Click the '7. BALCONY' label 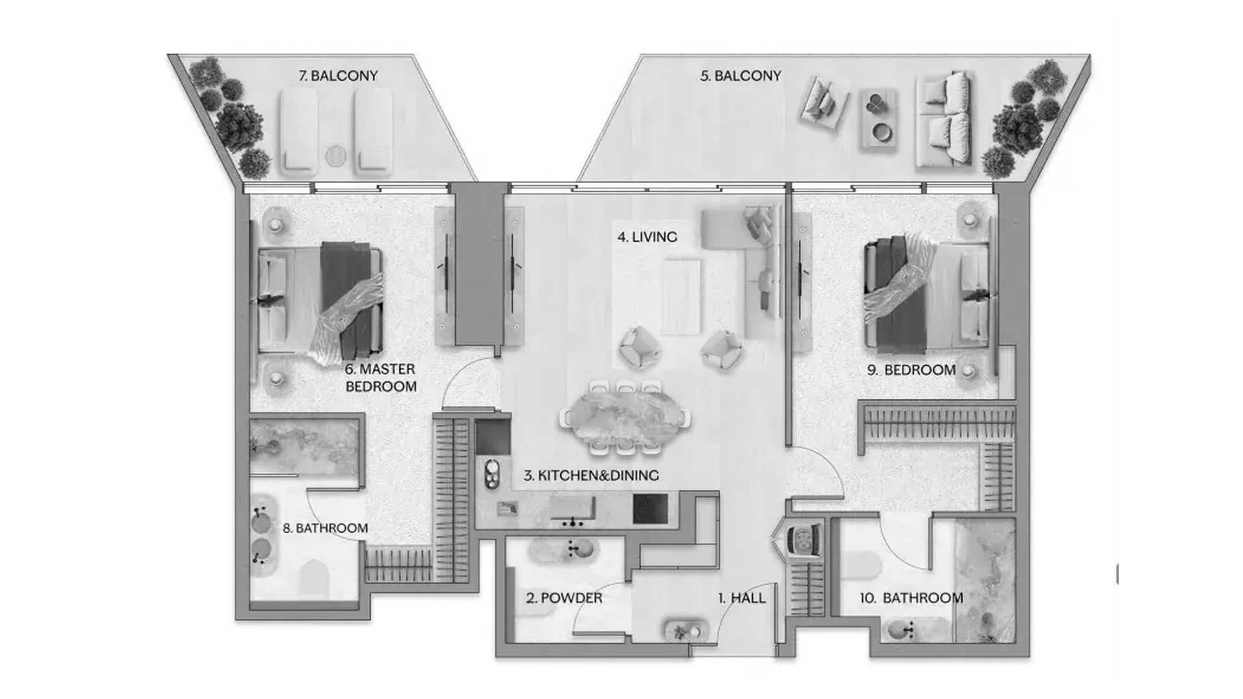(338, 76)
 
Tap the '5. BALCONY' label (741, 76)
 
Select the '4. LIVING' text (647, 237)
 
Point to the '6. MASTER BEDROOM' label (381, 377)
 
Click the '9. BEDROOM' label (912, 370)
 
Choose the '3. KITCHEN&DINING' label (591, 475)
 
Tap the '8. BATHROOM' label (325, 528)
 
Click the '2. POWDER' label (564, 598)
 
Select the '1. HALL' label (742, 598)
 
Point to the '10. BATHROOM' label (912, 598)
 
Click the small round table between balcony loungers (336, 156)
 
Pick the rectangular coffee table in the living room (681, 296)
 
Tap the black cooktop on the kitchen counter (650, 509)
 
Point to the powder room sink (562, 549)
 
